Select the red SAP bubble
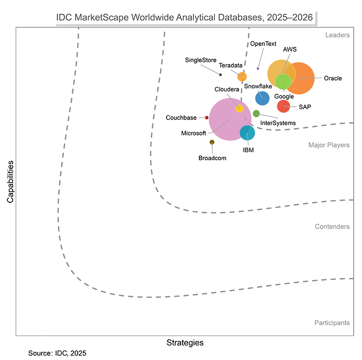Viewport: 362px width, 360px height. (x=283, y=106)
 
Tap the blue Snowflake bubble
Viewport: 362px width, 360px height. (x=262, y=98)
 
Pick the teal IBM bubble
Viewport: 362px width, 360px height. (x=247, y=133)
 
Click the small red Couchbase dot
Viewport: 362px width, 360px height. (x=207, y=118)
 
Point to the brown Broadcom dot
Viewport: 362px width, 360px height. (x=212, y=142)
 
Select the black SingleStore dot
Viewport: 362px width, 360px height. (x=220, y=74)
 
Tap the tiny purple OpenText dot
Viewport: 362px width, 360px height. (x=258, y=68)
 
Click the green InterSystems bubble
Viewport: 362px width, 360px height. (x=256, y=114)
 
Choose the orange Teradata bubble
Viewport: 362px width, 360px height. (x=242, y=77)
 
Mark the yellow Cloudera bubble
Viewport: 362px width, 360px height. (x=239, y=108)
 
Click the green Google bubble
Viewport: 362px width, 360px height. (x=283, y=81)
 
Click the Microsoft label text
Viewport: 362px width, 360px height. (x=193, y=133)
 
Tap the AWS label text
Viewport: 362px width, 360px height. (x=290, y=49)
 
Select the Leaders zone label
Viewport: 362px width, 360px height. (x=337, y=35)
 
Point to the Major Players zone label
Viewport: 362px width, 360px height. (x=329, y=145)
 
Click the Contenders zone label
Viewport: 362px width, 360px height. (x=332, y=227)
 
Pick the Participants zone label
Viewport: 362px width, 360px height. (x=332, y=322)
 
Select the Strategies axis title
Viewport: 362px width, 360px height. (x=185, y=342)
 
